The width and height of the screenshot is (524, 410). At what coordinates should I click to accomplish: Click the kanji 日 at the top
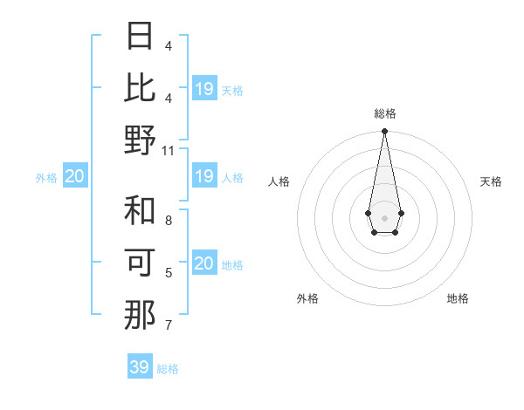click(140, 37)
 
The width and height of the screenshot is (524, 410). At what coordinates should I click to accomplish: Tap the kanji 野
click(140, 140)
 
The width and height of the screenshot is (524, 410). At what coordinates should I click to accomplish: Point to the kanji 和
click(140, 211)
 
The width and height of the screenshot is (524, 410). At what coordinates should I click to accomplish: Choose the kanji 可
click(140, 263)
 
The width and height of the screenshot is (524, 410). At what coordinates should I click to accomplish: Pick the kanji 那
click(140, 314)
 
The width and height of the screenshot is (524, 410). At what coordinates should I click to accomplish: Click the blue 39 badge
click(140, 367)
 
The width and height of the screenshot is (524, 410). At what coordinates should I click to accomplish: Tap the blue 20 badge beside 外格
click(74, 177)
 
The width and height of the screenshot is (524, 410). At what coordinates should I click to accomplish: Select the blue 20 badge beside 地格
click(203, 263)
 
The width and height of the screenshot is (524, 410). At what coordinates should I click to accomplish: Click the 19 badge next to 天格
click(203, 89)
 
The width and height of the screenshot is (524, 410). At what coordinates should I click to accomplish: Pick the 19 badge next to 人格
click(203, 177)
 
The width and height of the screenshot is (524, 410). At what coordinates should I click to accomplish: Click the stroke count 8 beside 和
click(169, 221)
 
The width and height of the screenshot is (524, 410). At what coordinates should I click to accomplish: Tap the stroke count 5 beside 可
click(169, 273)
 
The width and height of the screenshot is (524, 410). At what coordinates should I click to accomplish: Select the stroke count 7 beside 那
click(169, 325)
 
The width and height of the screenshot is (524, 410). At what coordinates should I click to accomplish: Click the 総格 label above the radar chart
click(384, 113)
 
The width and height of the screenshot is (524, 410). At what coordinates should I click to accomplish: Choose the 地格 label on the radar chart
click(458, 298)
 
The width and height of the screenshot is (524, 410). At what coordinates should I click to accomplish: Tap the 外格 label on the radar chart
click(307, 298)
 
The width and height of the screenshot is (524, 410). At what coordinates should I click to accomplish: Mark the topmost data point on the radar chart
click(384, 132)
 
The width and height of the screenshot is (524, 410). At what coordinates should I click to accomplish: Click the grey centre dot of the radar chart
click(384, 217)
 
